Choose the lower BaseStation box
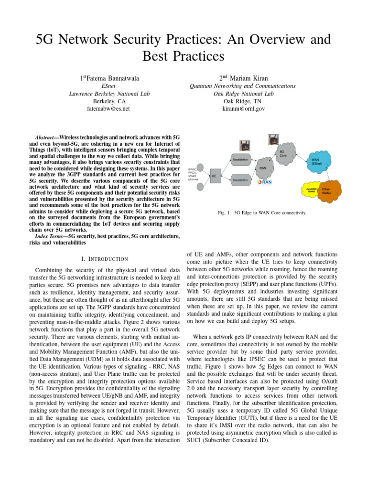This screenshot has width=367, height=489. click(x=240, y=180)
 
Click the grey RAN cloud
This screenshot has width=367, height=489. click(x=263, y=168)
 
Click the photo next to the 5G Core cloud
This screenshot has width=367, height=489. click(x=275, y=139)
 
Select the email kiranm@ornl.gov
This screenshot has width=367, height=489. click(x=242, y=109)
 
